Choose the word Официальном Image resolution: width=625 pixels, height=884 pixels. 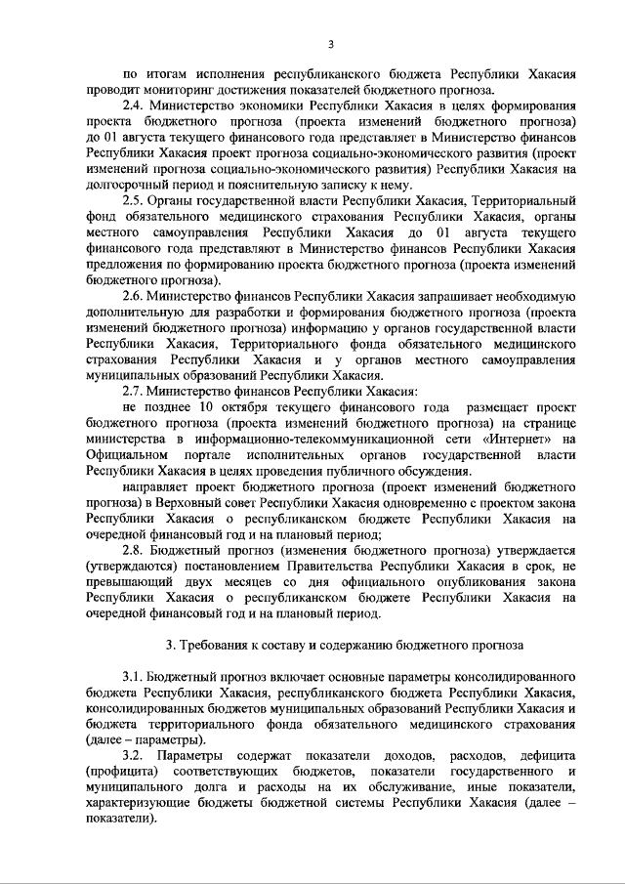(124, 455)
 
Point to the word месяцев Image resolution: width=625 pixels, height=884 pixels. (237, 582)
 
